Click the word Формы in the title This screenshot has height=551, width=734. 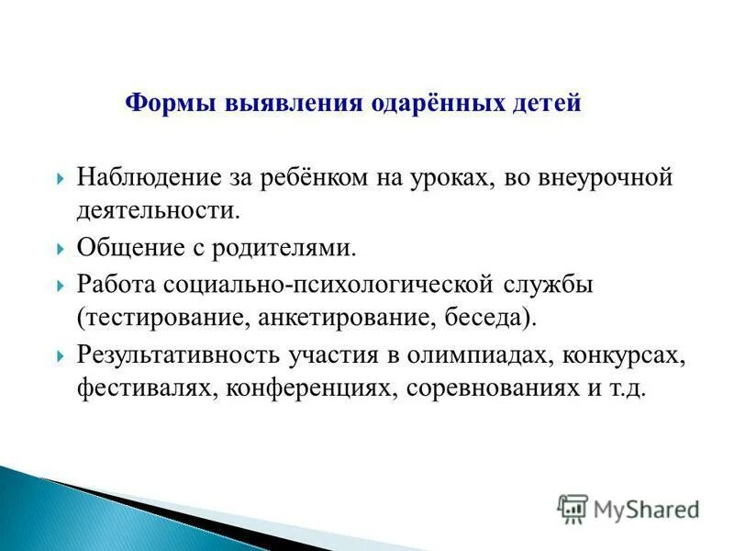pyautogui.click(x=165, y=103)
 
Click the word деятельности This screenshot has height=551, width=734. pyautogui.click(x=157, y=210)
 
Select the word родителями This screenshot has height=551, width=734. pyautogui.click(x=287, y=247)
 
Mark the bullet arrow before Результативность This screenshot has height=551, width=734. pyautogui.click(x=60, y=355)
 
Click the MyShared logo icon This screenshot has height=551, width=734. pyautogui.click(x=573, y=507)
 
